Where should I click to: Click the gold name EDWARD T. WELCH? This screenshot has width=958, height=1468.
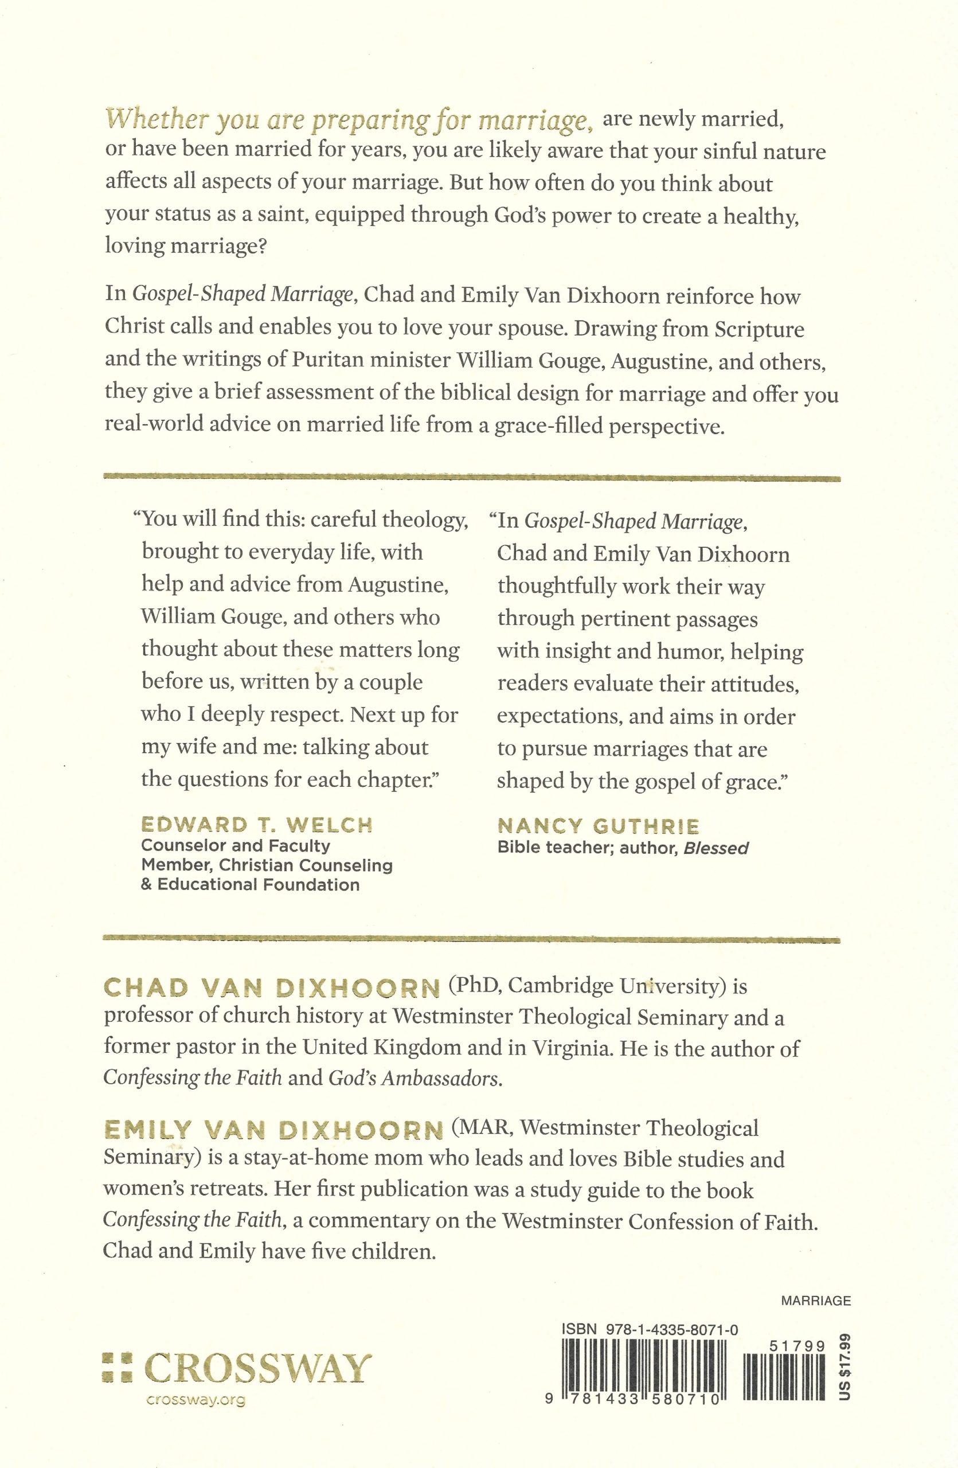click(x=257, y=825)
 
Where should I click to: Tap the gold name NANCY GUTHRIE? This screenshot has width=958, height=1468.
click(x=598, y=826)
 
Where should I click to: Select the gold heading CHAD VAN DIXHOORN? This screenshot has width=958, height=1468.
click(x=271, y=987)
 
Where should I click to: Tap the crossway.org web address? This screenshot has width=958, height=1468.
click(x=196, y=1400)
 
